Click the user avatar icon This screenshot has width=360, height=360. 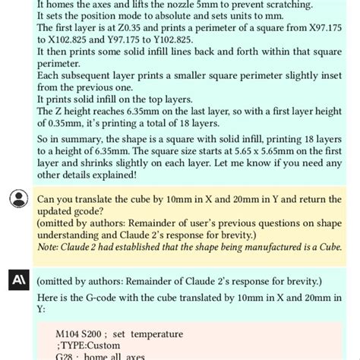click(x=17, y=199)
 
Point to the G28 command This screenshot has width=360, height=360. click(x=67, y=356)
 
